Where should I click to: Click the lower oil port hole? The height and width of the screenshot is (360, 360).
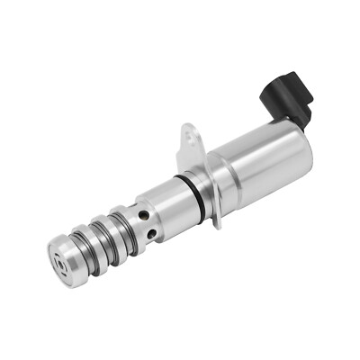click(x=155, y=236)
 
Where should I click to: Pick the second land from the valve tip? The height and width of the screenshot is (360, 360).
click(x=93, y=248)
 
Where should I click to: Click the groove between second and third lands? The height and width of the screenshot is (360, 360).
click(x=105, y=239)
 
